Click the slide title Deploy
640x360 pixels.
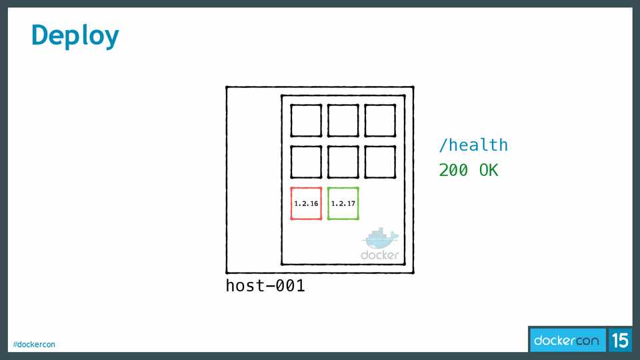pos(75,35)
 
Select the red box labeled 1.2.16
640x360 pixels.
pos(306,204)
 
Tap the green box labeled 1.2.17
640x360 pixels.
pos(343,204)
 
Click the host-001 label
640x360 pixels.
pos(265,286)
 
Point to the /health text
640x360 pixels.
pos(473,145)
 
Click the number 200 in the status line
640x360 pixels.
pos(453,171)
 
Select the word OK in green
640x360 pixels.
pos(489,171)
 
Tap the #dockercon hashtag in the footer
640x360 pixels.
pos(34,344)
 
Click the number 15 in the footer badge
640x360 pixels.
pos(620,341)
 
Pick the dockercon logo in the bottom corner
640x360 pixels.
pos(567,341)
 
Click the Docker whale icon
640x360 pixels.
pos(380,239)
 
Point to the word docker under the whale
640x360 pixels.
pos(380,255)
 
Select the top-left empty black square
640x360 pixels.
pos(306,121)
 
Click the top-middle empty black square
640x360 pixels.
pos(343,121)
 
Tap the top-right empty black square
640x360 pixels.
pos(380,121)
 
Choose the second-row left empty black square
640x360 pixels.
pos(306,162)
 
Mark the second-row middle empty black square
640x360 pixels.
pos(343,162)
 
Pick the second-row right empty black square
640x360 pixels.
pos(380,162)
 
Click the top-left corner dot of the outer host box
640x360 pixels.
pos(227,87)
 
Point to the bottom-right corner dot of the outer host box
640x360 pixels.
pos(413,273)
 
